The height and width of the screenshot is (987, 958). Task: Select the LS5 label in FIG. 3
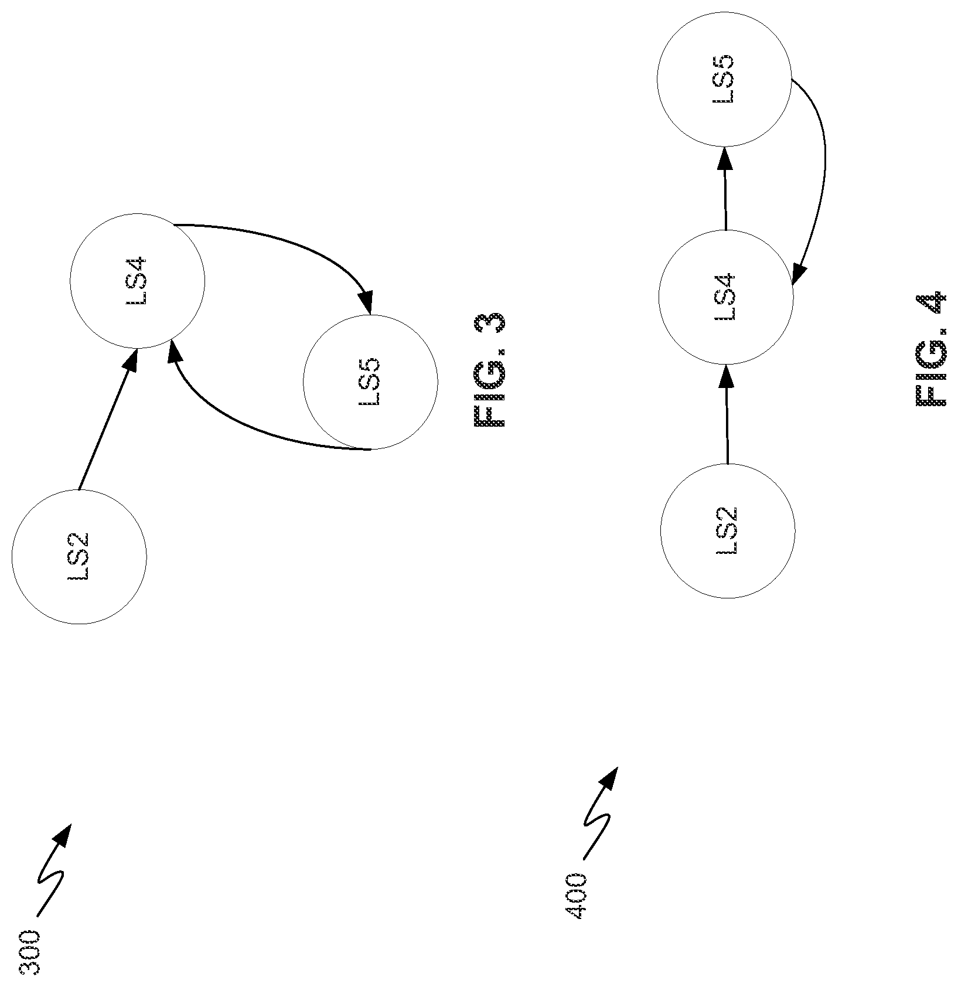[370, 382]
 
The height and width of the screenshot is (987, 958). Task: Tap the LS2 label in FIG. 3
[79, 557]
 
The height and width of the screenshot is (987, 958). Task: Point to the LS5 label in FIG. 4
[724, 79]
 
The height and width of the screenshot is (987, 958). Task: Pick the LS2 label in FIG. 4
[727, 530]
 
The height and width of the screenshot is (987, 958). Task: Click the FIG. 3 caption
[489, 370]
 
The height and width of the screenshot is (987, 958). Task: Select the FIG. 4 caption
[930, 349]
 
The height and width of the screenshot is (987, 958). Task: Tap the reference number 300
[30, 952]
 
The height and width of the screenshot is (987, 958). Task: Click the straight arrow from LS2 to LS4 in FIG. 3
[108, 419]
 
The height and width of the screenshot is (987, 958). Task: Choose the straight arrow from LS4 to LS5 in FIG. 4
[725, 188]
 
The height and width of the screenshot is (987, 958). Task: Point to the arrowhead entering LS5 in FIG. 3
[366, 302]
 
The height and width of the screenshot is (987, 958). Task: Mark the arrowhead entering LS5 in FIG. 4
[725, 158]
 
